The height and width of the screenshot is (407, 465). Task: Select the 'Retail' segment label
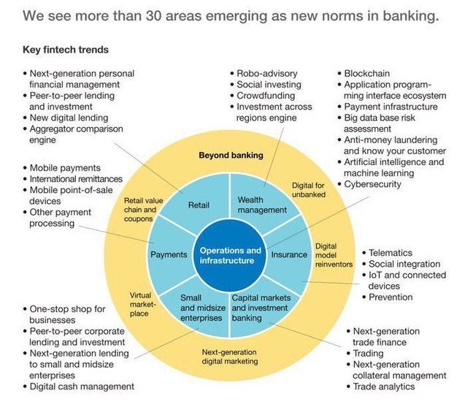click(x=199, y=205)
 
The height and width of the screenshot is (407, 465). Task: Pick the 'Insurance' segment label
click(x=289, y=255)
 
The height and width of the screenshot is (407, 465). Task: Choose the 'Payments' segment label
click(x=169, y=255)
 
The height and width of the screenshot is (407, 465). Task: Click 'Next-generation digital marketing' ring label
click(x=230, y=356)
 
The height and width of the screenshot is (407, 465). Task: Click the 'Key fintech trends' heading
click(x=64, y=50)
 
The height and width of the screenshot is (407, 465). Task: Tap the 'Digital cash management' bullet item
click(x=81, y=386)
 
